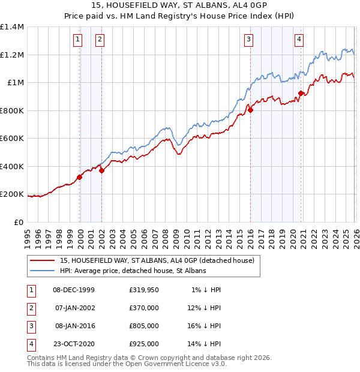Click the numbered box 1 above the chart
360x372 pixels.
click(x=78, y=40)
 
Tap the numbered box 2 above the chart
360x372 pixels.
click(x=100, y=40)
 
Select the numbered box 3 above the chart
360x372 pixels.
click(x=248, y=40)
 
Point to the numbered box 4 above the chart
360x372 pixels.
click(x=298, y=40)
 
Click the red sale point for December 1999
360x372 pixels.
click(x=79, y=178)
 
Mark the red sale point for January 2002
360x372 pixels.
click(x=101, y=170)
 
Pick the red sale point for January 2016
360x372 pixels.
click(x=250, y=110)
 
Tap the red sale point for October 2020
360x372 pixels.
click(x=301, y=93)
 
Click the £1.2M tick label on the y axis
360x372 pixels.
click(x=12, y=55)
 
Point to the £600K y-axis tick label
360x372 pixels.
click(x=12, y=139)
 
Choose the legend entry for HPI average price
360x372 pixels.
click(x=133, y=271)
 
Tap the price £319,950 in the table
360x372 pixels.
click(x=143, y=289)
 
